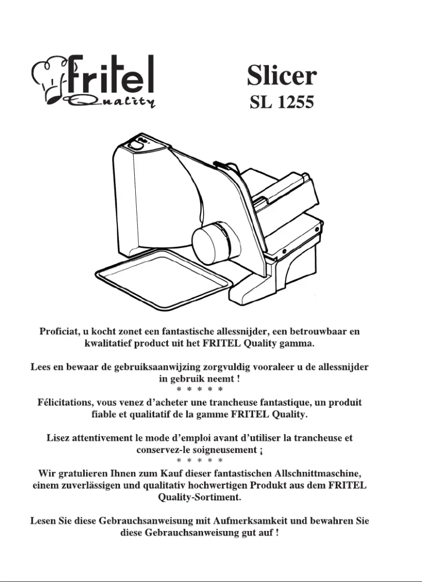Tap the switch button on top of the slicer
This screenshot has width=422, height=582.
coord(135,144)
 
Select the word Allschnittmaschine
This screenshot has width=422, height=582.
coord(315,473)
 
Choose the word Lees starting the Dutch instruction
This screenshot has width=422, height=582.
coord(41,366)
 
